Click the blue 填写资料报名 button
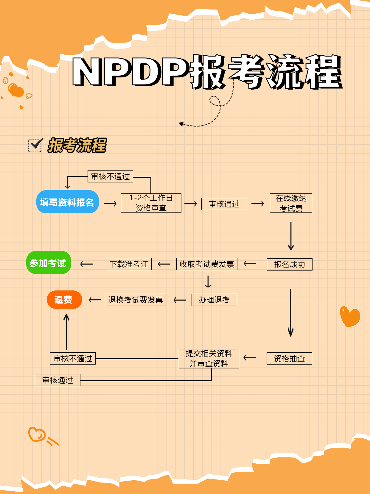(x=67, y=202)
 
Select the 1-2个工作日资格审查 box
(x=151, y=203)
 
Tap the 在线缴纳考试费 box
(x=291, y=203)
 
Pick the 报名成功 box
(x=290, y=264)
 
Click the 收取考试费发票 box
(x=207, y=264)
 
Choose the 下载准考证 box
(x=129, y=264)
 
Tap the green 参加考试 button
(x=49, y=263)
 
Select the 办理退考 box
(x=214, y=300)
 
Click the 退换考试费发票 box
(x=136, y=300)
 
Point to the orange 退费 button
(x=64, y=300)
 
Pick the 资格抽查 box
(x=289, y=359)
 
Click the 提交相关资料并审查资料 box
(x=209, y=359)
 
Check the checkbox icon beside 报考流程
(x=35, y=146)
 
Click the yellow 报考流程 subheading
(x=77, y=146)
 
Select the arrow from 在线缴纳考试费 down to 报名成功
(x=291, y=236)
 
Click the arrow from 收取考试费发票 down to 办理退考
(x=208, y=282)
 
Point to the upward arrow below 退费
(x=66, y=332)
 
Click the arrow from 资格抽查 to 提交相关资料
(x=250, y=358)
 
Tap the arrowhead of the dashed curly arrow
(x=181, y=124)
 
